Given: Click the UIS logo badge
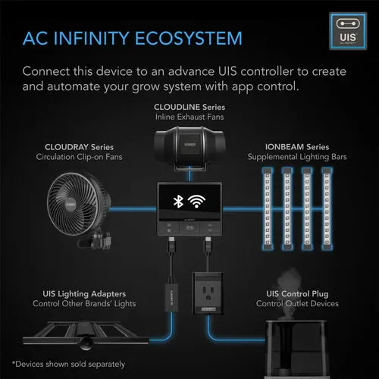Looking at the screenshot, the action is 348,31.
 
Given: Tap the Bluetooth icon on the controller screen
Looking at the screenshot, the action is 178,202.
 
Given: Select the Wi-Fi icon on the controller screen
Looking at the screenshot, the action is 196,202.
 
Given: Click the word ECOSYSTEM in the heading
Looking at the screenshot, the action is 189,39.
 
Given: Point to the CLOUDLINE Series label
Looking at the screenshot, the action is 189,107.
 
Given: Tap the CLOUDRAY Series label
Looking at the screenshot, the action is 79,147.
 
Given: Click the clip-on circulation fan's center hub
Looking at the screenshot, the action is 70,204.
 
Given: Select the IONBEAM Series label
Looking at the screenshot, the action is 297,147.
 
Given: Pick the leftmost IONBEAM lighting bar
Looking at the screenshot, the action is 268,208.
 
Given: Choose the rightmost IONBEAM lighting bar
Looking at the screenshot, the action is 327,208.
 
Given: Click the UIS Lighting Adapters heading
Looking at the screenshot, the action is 84,294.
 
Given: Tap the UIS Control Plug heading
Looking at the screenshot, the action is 297,294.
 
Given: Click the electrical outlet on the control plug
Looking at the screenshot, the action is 208,293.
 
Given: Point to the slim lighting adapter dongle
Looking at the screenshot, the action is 171,296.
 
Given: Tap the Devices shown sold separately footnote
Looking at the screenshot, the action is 68,364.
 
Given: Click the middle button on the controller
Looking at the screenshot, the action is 189,227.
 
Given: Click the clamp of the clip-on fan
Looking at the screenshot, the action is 96,240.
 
